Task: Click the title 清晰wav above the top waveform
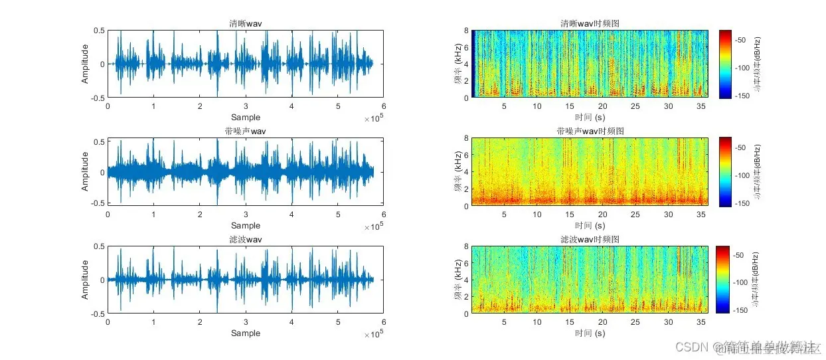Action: [245, 25]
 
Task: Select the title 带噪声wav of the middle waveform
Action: [245, 132]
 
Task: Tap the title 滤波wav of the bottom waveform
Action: [245, 239]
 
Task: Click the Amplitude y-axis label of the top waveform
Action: [85, 64]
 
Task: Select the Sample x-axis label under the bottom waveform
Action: [245, 333]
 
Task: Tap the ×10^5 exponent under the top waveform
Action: [374, 119]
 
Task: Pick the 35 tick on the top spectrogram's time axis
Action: [701, 106]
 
